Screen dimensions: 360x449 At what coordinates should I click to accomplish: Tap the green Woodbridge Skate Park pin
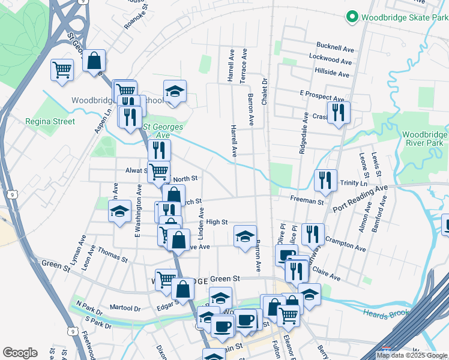pos(353,17)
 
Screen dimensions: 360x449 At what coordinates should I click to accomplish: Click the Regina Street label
pos(50,121)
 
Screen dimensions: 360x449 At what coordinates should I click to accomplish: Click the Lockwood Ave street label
pos(330,61)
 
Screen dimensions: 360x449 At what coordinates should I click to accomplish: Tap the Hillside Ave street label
pos(331,74)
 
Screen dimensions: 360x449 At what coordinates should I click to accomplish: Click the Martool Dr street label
pos(125,308)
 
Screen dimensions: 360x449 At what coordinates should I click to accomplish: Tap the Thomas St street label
pos(112,255)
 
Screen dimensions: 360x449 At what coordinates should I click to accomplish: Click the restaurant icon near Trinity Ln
pos(325,180)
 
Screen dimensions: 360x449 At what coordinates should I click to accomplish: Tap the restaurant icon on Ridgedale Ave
pos(339,112)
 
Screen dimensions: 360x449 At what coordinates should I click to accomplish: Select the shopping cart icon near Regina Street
pos(62,70)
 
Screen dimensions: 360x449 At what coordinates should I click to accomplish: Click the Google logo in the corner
pos(20,353)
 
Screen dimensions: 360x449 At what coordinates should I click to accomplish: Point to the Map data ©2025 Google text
pos(412,355)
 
